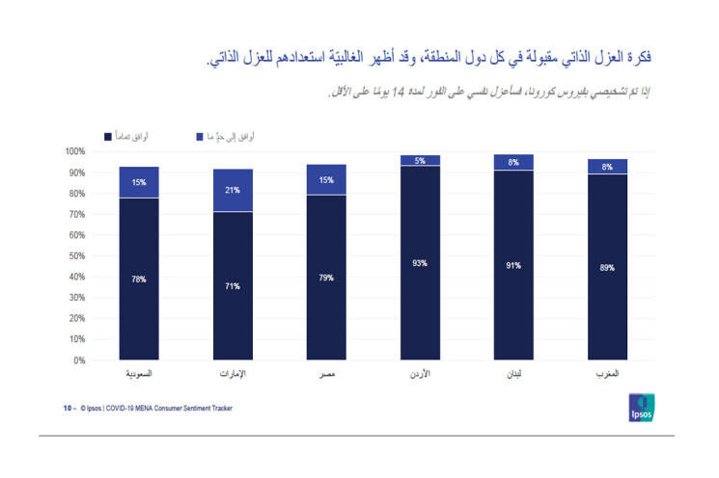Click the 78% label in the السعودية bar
[139, 279]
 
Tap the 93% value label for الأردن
[420, 263]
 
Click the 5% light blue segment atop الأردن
[420, 161]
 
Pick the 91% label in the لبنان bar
[512, 265]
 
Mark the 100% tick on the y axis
[75, 152]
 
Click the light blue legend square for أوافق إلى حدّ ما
[198, 137]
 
